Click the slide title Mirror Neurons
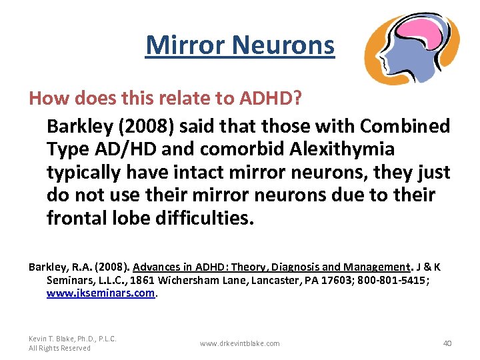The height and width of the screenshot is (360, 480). point(239,45)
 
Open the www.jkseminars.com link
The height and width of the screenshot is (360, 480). point(101,292)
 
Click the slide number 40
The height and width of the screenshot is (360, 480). point(447,343)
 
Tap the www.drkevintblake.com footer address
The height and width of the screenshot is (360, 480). point(239,343)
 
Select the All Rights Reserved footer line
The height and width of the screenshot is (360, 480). point(59,348)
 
